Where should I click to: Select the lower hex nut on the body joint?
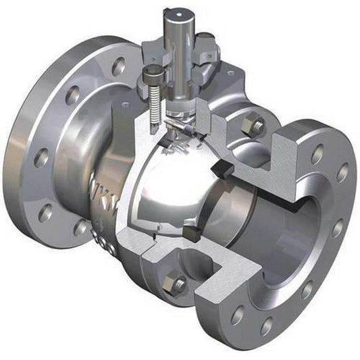click(176, 284)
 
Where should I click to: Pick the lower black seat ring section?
click(190, 234)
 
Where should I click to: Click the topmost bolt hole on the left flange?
click(118, 66)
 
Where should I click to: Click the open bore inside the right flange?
click(284, 236)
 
